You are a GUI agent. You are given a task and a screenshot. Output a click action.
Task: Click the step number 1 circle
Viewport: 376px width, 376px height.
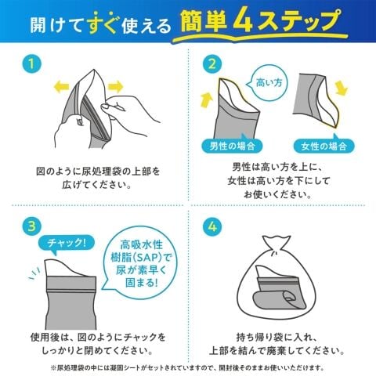31,64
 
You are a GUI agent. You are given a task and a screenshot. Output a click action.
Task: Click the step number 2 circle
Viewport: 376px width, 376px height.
212,64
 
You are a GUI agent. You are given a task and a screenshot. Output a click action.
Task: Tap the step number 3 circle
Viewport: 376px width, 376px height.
31,226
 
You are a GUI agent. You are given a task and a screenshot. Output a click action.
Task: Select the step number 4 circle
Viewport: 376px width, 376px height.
212,226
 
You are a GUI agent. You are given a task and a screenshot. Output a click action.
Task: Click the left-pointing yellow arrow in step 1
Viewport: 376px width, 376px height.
61,87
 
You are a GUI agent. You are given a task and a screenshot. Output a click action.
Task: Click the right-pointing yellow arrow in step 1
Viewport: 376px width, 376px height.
116,87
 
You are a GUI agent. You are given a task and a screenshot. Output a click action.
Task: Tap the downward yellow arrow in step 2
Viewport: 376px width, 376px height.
342,89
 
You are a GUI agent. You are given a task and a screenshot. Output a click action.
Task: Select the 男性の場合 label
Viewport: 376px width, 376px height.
233,145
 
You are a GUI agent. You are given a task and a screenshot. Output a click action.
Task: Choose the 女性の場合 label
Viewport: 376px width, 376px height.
324,146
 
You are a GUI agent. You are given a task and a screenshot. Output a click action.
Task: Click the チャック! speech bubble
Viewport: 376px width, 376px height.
66,244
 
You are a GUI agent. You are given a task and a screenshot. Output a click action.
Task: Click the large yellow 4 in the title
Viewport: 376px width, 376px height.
244,22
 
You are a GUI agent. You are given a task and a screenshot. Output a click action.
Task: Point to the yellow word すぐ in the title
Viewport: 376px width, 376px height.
103,23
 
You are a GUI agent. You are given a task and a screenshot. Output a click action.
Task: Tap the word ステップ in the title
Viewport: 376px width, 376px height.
298,22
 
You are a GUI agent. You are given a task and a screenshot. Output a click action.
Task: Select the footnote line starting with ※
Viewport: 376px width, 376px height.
187,368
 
